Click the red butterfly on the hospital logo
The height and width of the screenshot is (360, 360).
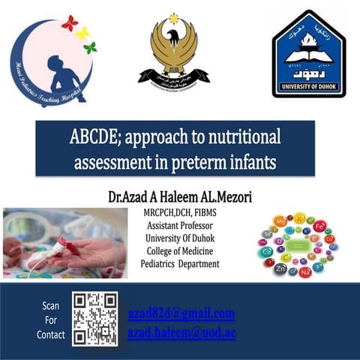(x=70, y=23)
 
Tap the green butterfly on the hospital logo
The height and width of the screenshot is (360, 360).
(x=90, y=48)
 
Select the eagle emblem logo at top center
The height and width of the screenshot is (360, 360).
(x=174, y=50)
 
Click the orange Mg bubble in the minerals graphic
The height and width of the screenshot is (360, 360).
(x=280, y=223)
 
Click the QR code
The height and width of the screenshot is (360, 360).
(x=95, y=319)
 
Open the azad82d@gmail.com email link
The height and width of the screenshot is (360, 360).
(x=181, y=313)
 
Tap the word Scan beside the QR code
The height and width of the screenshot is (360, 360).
(x=51, y=306)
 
